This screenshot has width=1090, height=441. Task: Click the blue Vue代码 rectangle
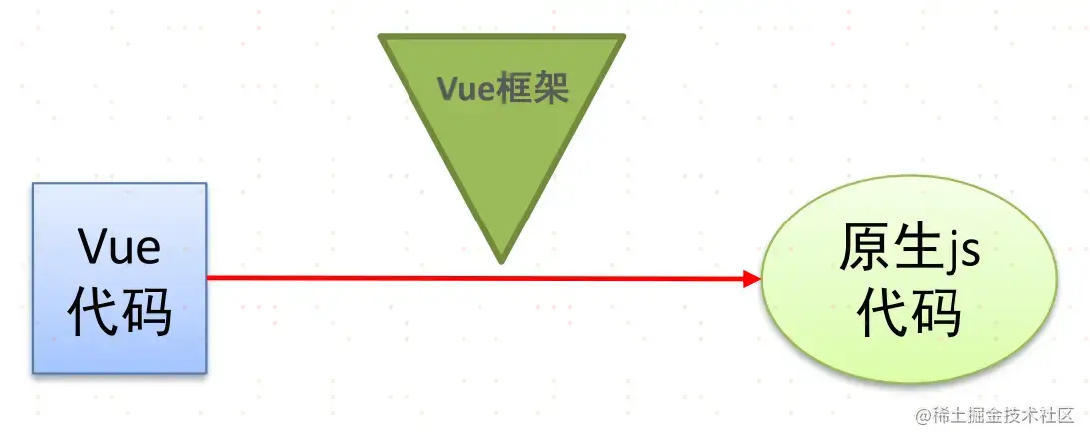120,277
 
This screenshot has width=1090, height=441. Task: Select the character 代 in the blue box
93,313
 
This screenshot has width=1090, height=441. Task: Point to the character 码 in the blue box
145,313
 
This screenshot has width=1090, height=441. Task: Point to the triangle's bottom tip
501,261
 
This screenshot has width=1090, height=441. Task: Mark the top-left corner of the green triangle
381,38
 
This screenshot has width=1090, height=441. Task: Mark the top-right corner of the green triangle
623,38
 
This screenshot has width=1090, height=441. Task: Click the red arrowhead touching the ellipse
752,279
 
